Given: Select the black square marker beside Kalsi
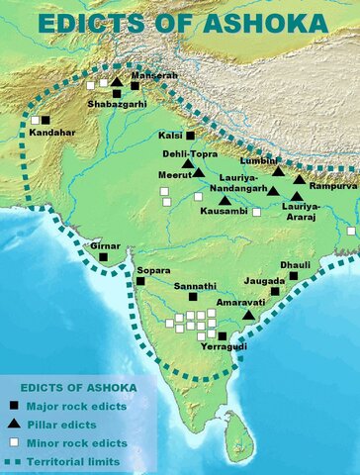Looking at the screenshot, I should pos(191,135).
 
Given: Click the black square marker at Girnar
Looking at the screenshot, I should pos(103,257).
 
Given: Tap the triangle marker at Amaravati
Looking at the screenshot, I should pos(248,314).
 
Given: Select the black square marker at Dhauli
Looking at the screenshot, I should pos(294,277).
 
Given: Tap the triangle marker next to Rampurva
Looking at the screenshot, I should pos(300,179).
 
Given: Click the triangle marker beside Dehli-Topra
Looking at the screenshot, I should pos(199,172).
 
